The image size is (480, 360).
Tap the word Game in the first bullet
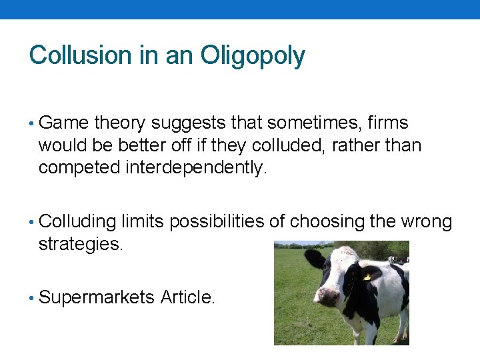64,123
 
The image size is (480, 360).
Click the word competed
79,167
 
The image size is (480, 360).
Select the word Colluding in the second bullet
78,222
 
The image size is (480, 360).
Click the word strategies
81,244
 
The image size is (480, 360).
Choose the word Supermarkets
97,297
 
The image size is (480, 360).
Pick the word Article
187,297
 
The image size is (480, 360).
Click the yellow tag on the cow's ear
367,276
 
